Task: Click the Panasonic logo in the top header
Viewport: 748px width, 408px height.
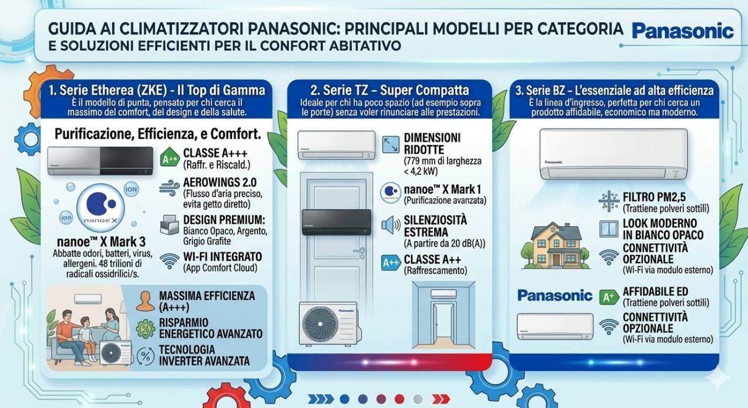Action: click(x=683, y=31)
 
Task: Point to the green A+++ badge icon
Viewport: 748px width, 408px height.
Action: click(x=169, y=158)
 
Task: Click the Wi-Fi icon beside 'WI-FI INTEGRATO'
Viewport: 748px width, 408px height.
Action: click(x=169, y=261)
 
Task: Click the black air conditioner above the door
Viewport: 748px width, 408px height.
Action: click(x=336, y=222)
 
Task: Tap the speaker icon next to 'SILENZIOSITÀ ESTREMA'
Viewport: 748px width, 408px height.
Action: click(x=390, y=226)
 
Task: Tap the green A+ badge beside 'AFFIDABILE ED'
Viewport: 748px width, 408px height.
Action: click(x=609, y=296)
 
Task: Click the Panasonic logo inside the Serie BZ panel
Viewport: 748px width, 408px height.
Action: click(x=555, y=295)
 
